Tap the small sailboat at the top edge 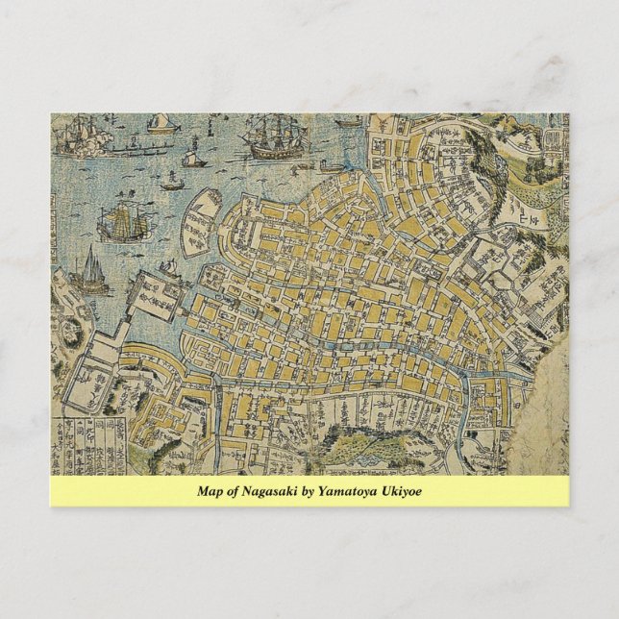click(162, 120)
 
